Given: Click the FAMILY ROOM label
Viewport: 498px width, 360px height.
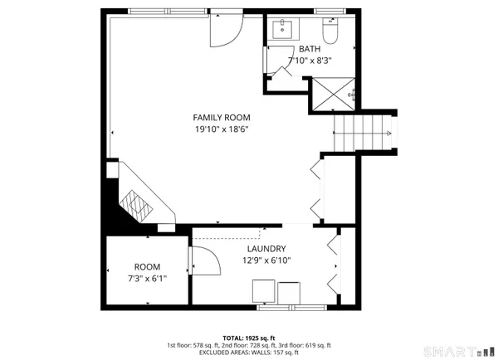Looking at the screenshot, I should point(221,117).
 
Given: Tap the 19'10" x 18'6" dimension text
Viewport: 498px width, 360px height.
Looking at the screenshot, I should point(221,129).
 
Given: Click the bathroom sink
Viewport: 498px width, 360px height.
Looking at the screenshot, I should point(284,29).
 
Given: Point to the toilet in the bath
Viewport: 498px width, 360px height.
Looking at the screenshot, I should point(330,32).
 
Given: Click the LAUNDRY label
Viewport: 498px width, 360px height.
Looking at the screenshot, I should point(266,249).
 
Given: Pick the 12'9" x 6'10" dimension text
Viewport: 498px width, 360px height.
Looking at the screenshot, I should point(266,260).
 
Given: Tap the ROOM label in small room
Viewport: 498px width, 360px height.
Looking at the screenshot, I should point(147,267).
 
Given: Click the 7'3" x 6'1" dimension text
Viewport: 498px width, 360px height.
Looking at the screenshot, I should point(147,279).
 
